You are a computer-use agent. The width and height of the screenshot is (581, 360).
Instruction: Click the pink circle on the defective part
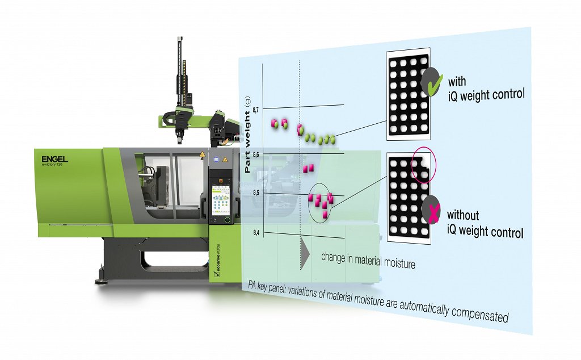point(424,166)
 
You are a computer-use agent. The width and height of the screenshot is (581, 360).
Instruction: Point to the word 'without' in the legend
point(463,215)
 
